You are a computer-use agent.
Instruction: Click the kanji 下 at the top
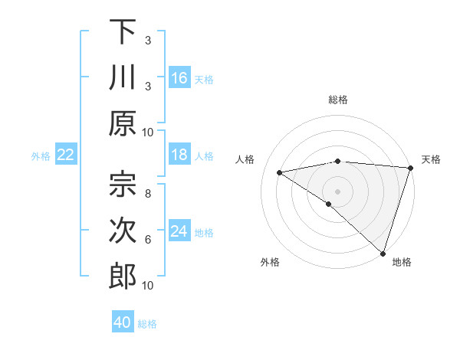click(x=123, y=33)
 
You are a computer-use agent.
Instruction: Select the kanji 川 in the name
click(x=123, y=79)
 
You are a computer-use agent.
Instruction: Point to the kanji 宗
click(x=123, y=184)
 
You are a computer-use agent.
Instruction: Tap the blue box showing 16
click(x=179, y=78)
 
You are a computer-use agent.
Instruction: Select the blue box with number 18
click(x=179, y=155)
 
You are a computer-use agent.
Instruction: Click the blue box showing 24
click(x=179, y=232)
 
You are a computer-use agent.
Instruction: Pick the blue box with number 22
click(x=65, y=155)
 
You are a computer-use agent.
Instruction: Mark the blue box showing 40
click(x=123, y=322)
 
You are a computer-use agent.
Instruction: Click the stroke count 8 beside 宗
click(x=148, y=194)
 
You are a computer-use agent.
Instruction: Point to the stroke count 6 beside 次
click(x=148, y=240)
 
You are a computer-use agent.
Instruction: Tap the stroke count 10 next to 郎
click(x=148, y=286)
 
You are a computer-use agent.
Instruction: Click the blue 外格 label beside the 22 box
click(x=41, y=156)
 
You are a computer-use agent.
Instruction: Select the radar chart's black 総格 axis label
click(x=338, y=100)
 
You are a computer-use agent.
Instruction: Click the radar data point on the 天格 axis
click(x=410, y=168)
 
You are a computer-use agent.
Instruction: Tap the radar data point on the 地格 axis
click(x=382, y=252)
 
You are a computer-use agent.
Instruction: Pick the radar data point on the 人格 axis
click(x=279, y=172)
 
